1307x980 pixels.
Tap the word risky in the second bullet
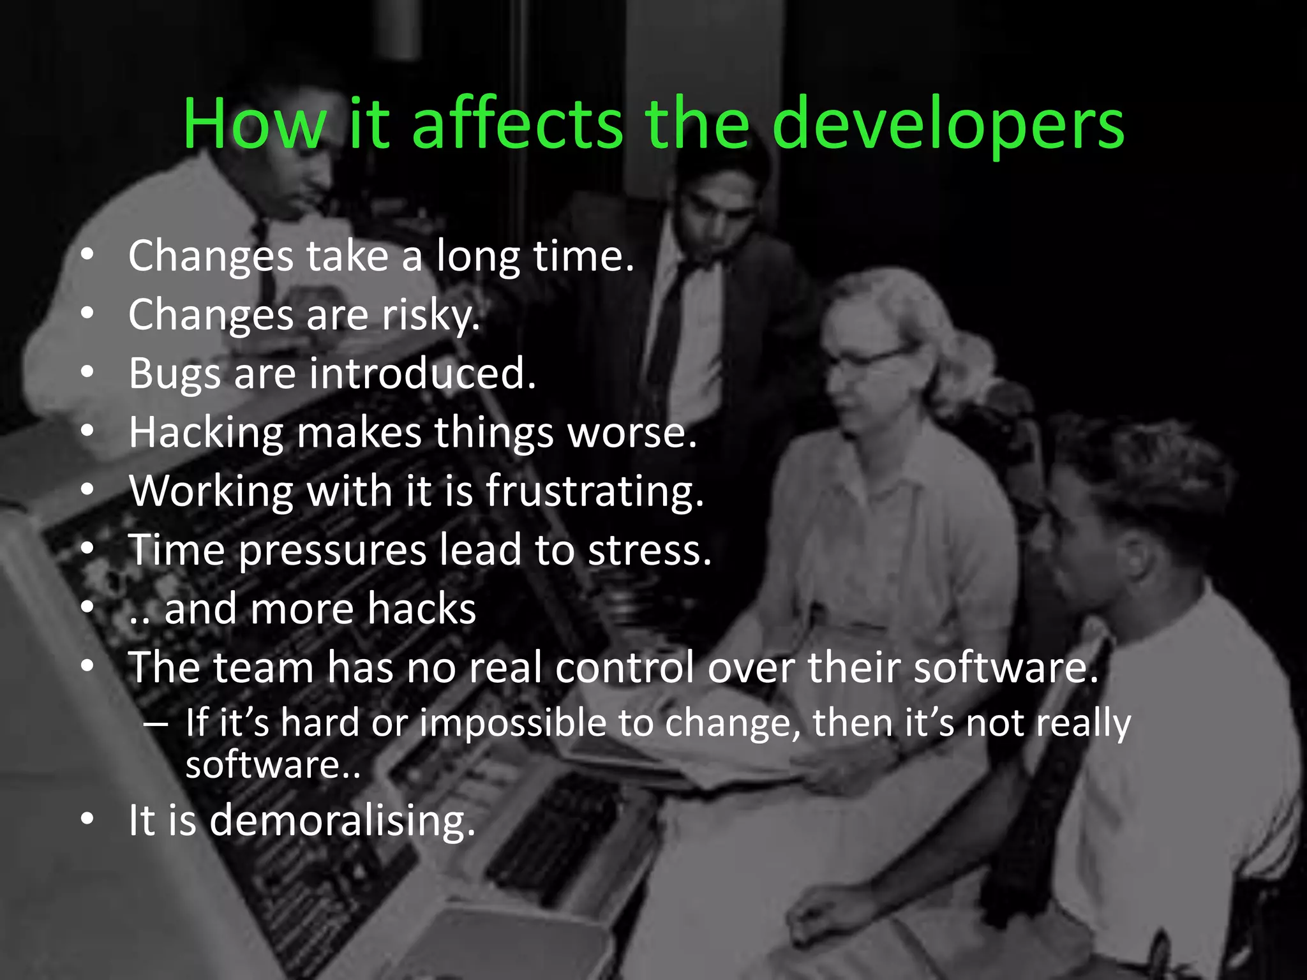(x=430, y=315)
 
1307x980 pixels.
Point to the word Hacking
(x=205, y=433)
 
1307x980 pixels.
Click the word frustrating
(x=594, y=492)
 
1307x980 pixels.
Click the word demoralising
(x=342, y=820)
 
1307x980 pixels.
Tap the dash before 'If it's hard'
(x=156, y=724)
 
